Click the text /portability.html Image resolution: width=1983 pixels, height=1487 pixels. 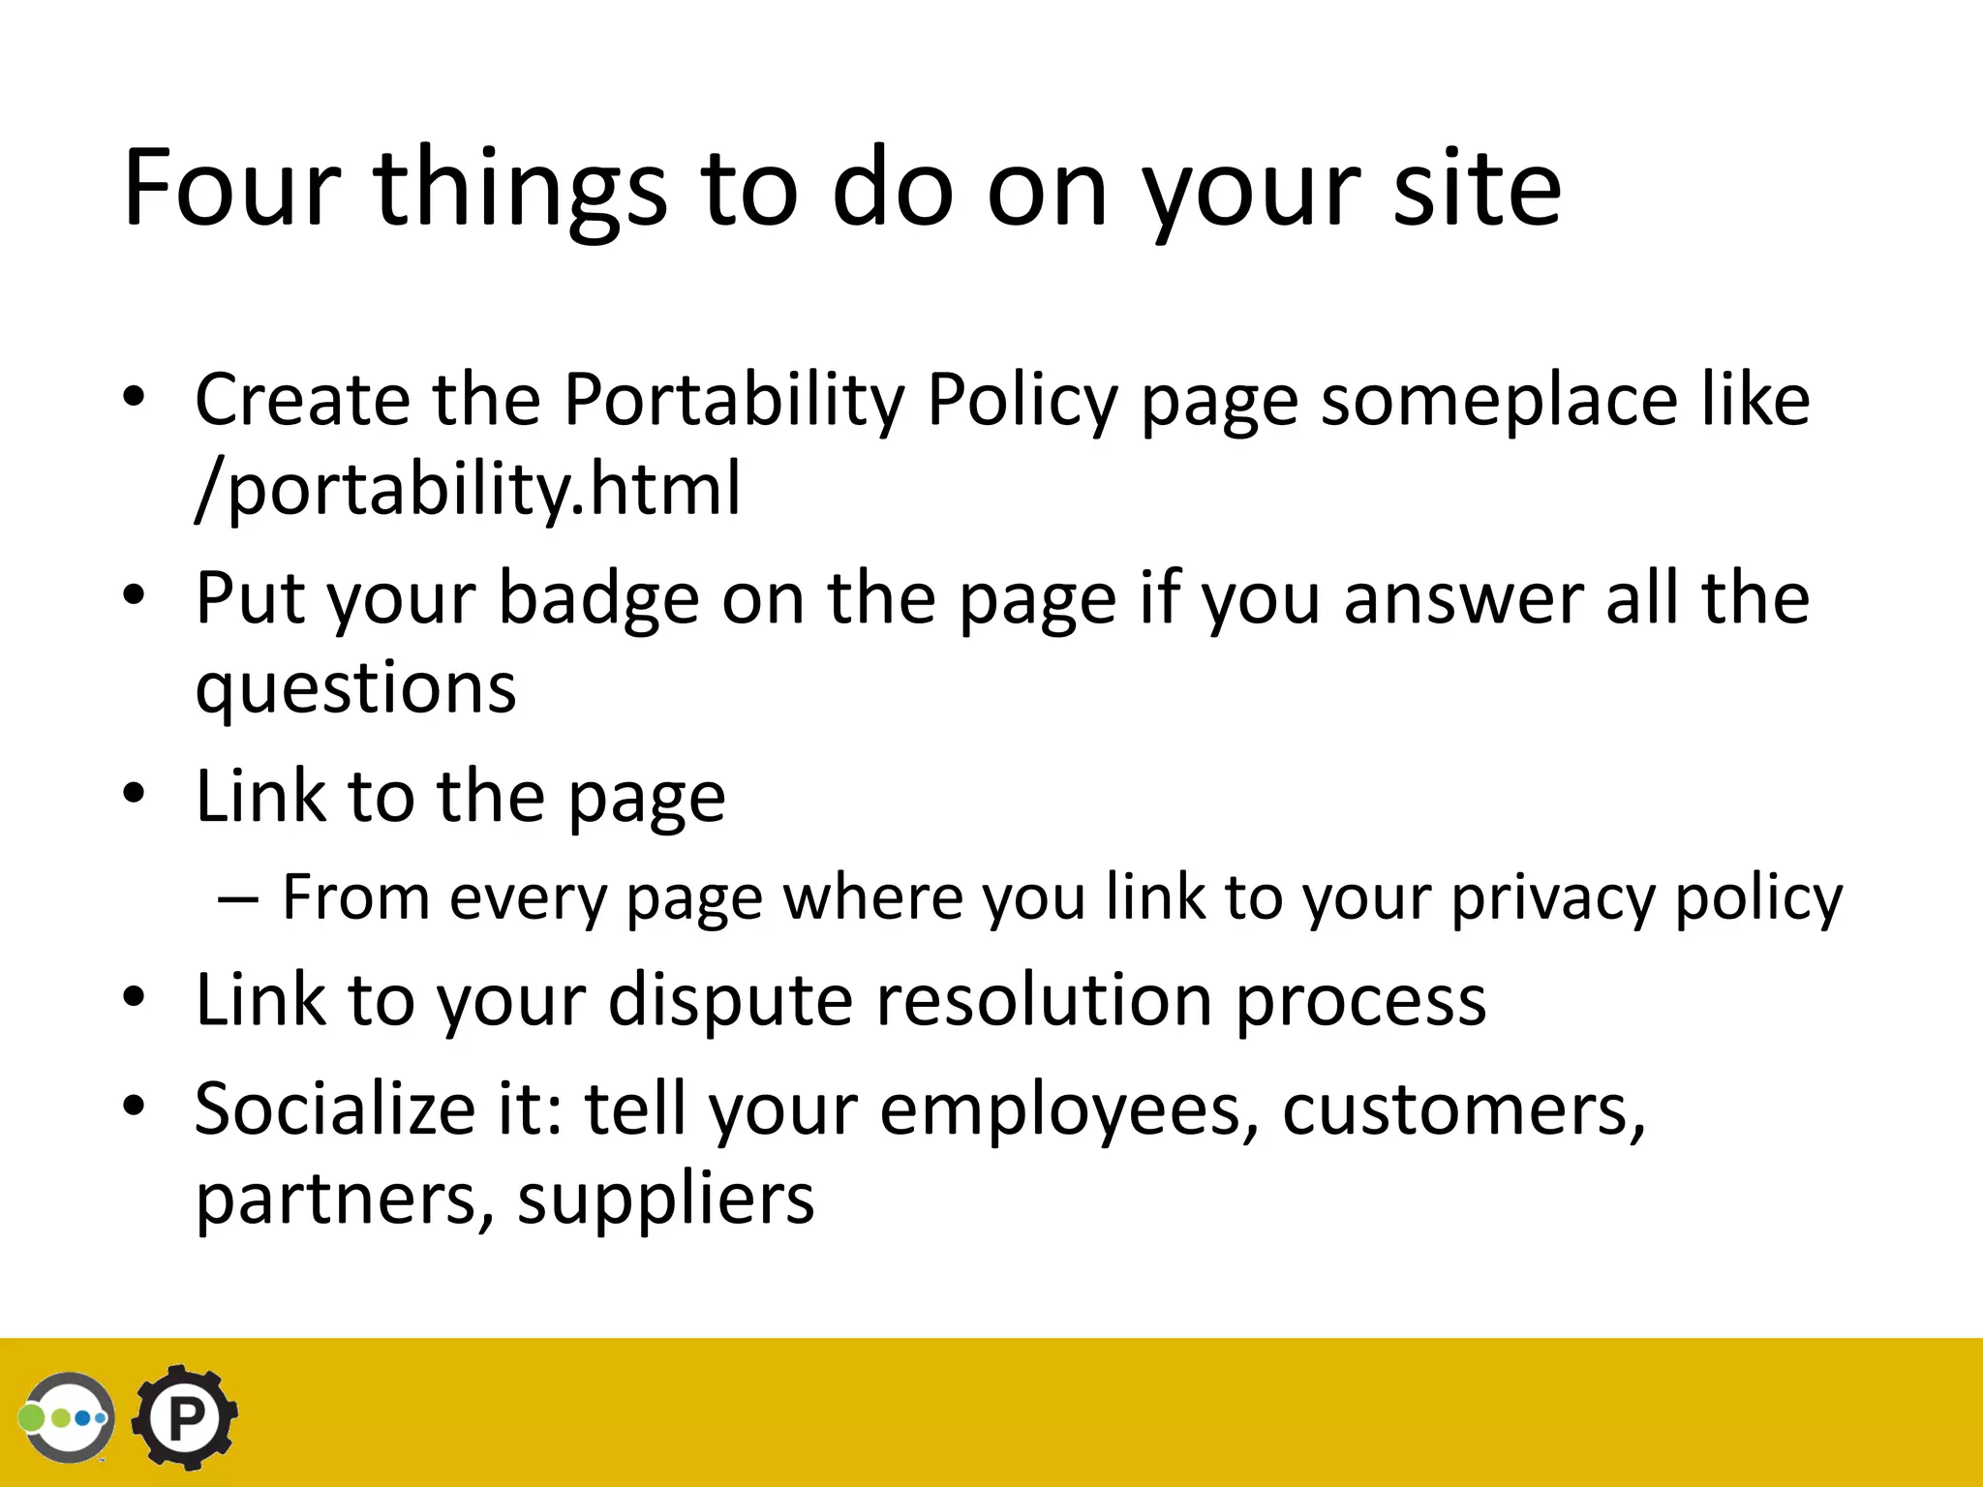click(468, 488)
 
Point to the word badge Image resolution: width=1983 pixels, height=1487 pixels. click(598, 598)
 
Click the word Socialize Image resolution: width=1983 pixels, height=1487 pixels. click(334, 1108)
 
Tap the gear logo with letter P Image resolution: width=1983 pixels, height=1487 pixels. click(185, 1417)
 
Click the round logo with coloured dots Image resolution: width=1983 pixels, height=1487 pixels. click(66, 1417)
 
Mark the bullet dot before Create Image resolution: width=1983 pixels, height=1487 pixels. click(134, 397)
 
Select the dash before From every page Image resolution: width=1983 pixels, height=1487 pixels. click(238, 898)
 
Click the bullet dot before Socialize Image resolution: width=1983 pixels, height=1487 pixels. click(134, 1106)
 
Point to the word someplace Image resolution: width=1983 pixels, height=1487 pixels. click(1499, 399)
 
